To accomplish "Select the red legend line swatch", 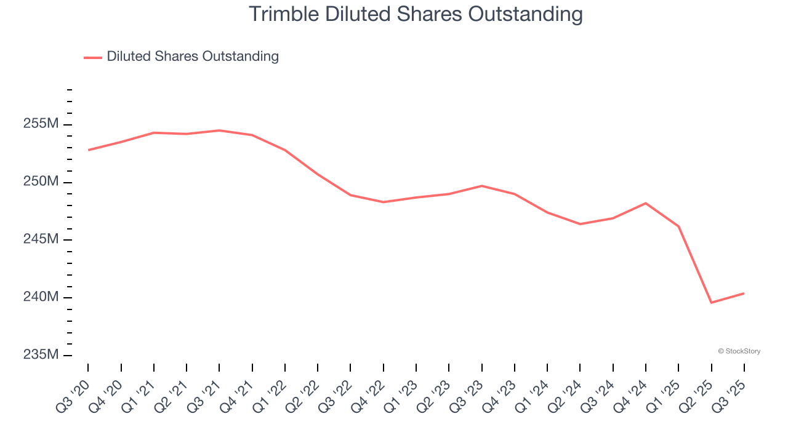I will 92,57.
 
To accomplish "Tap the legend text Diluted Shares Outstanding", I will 193,57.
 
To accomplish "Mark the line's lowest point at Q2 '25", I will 711,303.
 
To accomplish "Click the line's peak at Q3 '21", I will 219,130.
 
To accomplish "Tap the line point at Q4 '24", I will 646,203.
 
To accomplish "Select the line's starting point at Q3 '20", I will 88,150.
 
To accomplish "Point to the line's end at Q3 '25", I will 744,293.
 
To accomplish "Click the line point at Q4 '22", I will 384,202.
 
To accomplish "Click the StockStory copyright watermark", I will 739,351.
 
